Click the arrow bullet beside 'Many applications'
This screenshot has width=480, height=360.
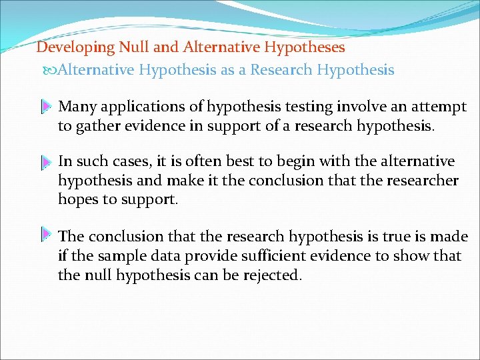pyautogui.click(x=46, y=107)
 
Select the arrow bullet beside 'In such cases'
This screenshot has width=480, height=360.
pyautogui.click(x=46, y=162)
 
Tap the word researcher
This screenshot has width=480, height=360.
pyautogui.click(x=424, y=181)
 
